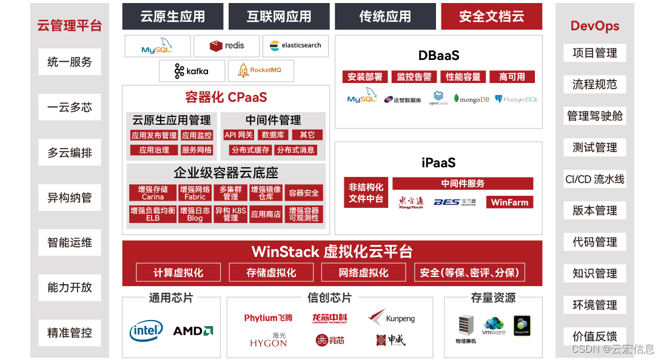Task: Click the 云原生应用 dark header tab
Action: pyautogui.click(x=173, y=16)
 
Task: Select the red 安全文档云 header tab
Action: pyautogui.click(x=491, y=16)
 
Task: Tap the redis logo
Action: pyautogui.click(x=227, y=45)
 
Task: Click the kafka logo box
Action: pyautogui.click(x=192, y=71)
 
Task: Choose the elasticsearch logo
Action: pyautogui.click(x=295, y=45)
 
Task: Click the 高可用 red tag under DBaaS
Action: pyautogui.click(x=512, y=77)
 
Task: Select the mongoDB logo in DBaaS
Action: pyautogui.click(x=471, y=99)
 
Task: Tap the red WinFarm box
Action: pyautogui.click(x=509, y=202)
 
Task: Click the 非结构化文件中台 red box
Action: pyautogui.click(x=366, y=193)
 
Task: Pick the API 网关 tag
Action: pyautogui.click(x=238, y=135)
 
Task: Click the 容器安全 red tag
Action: pyautogui.click(x=304, y=193)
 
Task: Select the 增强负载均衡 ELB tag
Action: pyautogui.click(x=153, y=214)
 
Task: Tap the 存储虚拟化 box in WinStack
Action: pyautogui.click(x=271, y=273)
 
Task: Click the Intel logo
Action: pyautogui.click(x=146, y=331)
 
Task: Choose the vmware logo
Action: pyautogui.click(x=494, y=327)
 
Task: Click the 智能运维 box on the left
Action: pyautogui.click(x=70, y=242)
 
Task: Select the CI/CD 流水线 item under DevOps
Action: pyautogui.click(x=594, y=179)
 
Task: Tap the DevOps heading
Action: pyautogui.click(x=594, y=26)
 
